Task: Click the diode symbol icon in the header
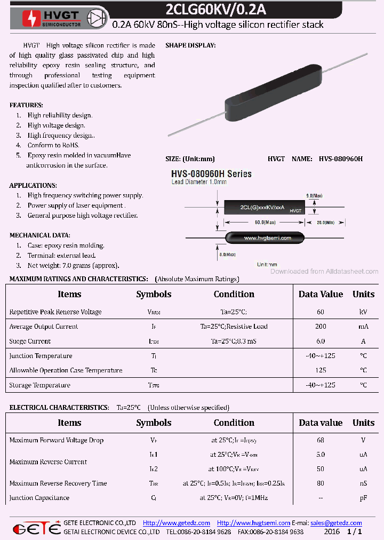click(98, 17)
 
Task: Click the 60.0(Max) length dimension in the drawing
click(265, 221)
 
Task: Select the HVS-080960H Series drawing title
click(211, 174)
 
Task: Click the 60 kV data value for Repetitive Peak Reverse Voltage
click(321, 312)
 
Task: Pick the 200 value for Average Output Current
click(321, 327)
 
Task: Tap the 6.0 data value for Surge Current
click(321, 341)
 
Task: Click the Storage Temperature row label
click(39, 385)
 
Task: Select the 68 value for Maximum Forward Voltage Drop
click(321, 440)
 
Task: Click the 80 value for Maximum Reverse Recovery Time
click(321, 483)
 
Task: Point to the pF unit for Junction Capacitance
click(363, 498)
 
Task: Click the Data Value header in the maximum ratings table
click(321, 294)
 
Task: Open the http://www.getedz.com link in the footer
click(177, 523)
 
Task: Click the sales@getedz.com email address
click(336, 523)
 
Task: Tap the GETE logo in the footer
click(36, 528)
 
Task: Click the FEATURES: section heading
click(26, 105)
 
